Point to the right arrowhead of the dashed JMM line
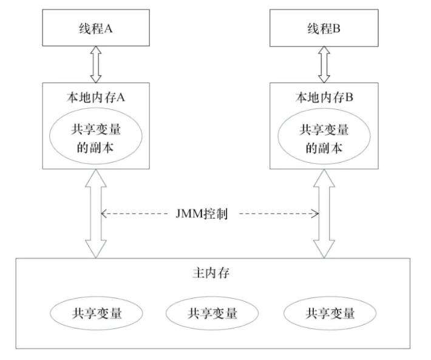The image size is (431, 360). coord(316,214)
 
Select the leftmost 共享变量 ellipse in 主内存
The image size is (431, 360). coord(96,314)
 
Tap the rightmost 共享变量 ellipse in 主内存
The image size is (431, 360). coord(328,314)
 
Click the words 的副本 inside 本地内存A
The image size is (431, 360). coord(95,146)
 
